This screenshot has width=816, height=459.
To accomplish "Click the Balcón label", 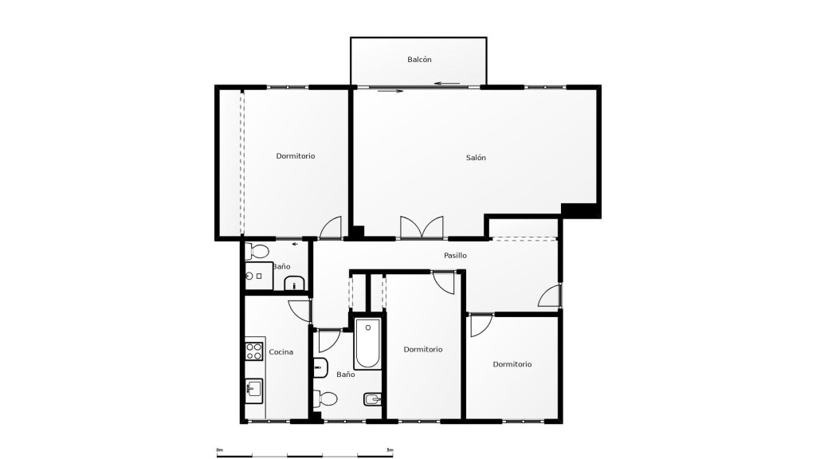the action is pyautogui.click(x=419, y=60).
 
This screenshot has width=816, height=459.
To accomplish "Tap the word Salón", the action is pyautogui.click(x=476, y=158).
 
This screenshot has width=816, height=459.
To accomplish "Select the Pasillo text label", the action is pyautogui.click(x=455, y=256).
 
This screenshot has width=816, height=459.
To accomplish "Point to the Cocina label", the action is pyautogui.click(x=281, y=352).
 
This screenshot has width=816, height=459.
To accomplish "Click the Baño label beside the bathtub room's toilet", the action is pyautogui.click(x=346, y=375).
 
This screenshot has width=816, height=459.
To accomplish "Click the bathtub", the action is pyautogui.click(x=368, y=343).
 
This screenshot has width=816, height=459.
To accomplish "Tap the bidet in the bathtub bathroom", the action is pyautogui.click(x=373, y=400).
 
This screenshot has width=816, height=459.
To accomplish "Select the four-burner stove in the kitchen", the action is pyautogui.click(x=254, y=351).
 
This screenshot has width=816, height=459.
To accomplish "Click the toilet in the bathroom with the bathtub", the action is pyautogui.click(x=325, y=399).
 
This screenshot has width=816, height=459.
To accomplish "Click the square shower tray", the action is pyautogui.click(x=259, y=276).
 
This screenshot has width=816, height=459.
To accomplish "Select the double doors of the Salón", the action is pyautogui.click(x=422, y=228).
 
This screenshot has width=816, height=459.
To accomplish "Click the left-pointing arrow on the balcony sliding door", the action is pyautogui.click(x=448, y=83).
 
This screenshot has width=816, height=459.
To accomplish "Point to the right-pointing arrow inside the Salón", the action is pyautogui.click(x=390, y=92).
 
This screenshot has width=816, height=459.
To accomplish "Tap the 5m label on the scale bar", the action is pyautogui.click(x=390, y=449).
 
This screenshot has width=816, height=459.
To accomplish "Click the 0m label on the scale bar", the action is pyautogui.click(x=220, y=449).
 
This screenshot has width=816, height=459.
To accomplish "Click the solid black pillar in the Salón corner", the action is pyautogui.click(x=581, y=210).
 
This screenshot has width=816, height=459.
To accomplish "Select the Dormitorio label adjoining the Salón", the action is pyautogui.click(x=296, y=156).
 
